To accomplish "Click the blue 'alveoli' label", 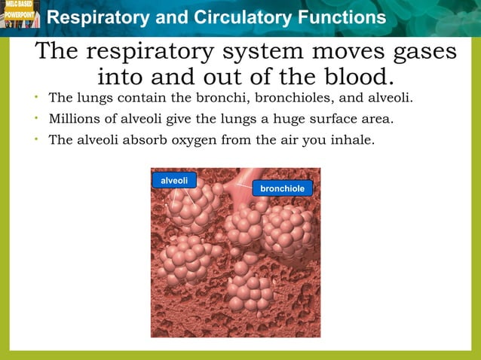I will [x=174, y=180].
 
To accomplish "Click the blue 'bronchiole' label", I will [x=282, y=188].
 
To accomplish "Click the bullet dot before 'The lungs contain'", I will [x=36, y=98].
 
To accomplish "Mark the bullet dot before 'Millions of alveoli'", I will [x=36, y=118].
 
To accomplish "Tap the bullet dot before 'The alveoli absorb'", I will [x=36, y=139].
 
